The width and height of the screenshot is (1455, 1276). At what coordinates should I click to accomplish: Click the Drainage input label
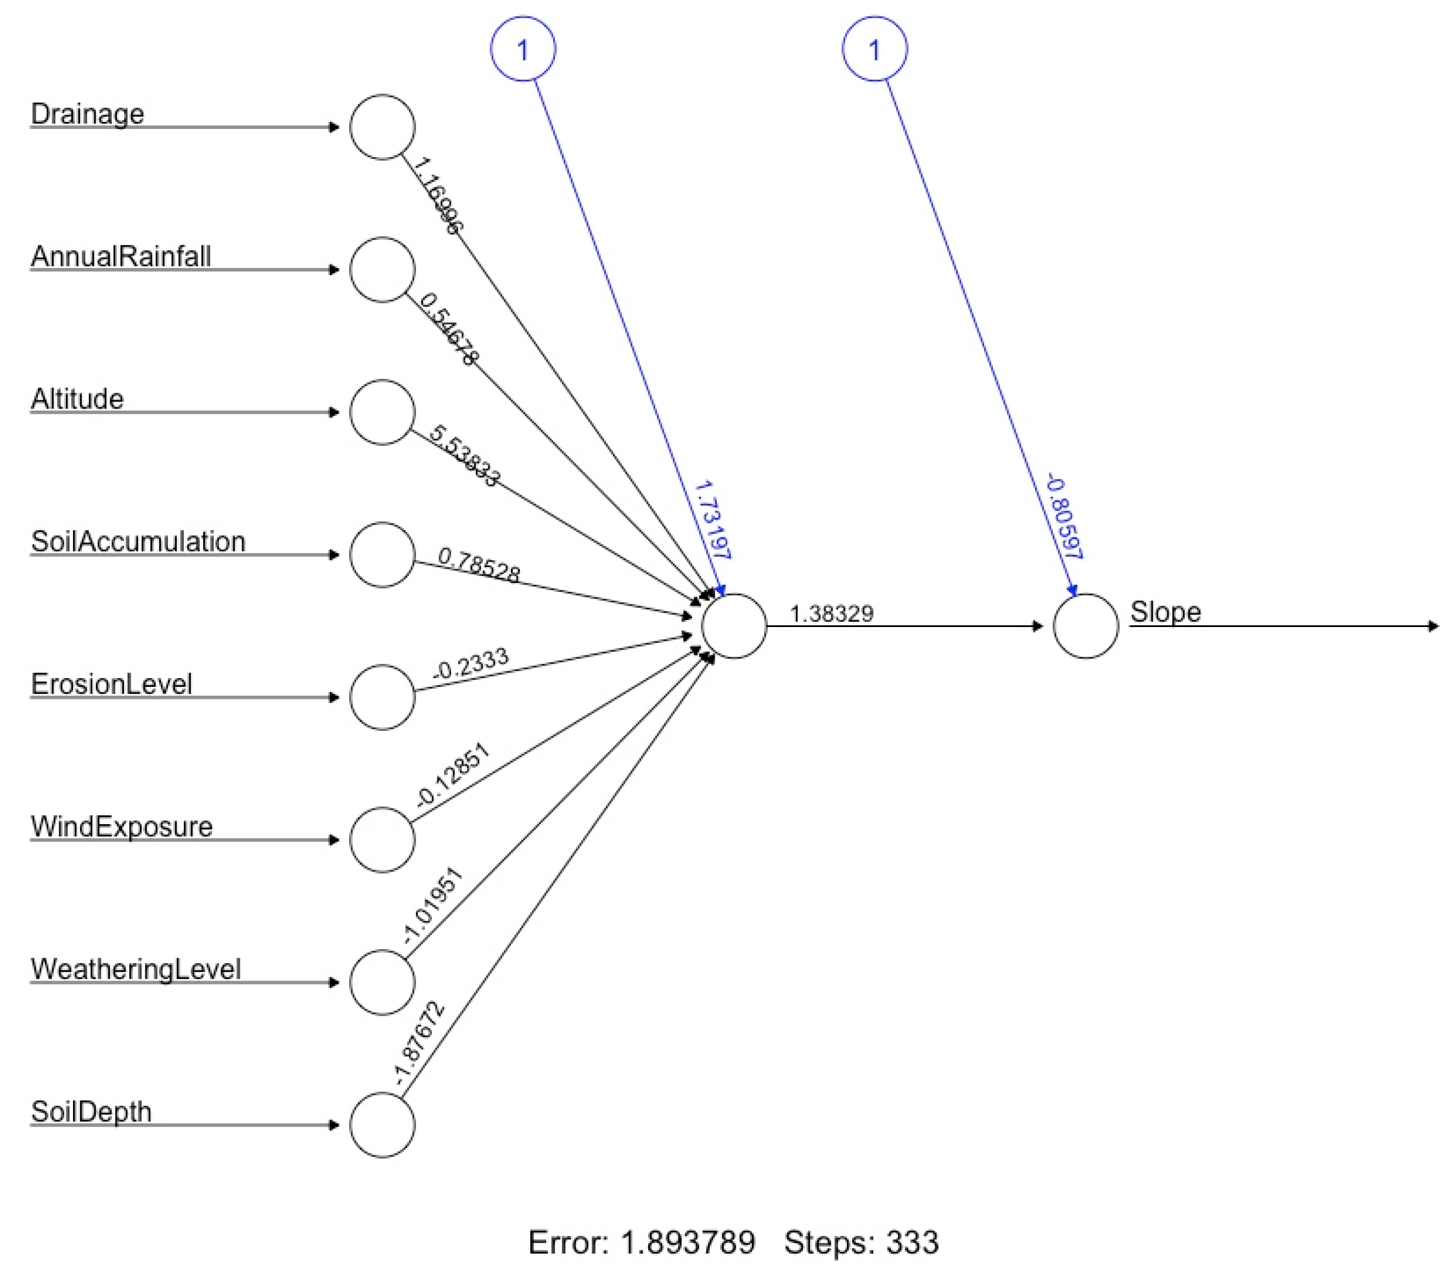click(87, 114)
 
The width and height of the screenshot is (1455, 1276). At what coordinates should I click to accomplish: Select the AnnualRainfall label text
click(120, 256)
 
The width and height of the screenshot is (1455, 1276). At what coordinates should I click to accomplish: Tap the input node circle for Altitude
click(382, 412)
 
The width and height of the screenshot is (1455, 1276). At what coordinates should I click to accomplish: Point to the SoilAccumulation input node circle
click(382, 555)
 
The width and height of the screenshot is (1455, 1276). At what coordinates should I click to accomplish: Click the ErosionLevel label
click(111, 684)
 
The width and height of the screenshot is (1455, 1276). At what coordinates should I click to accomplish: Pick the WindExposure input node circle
click(382, 840)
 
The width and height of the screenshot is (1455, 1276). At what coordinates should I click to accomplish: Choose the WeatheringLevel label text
click(135, 969)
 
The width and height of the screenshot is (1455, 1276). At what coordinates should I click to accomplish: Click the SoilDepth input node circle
click(382, 1125)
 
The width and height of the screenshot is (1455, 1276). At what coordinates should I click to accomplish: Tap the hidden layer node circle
click(734, 626)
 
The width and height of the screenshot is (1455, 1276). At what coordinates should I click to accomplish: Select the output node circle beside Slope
click(1086, 626)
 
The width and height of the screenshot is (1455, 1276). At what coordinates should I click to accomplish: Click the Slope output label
click(1165, 612)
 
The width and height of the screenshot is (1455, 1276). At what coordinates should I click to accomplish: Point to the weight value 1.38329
click(832, 613)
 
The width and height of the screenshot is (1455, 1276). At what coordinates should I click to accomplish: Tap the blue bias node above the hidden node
click(523, 49)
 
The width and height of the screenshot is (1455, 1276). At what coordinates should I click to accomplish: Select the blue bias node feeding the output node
click(875, 49)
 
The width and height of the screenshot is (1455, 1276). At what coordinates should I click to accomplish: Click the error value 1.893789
click(687, 1243)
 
